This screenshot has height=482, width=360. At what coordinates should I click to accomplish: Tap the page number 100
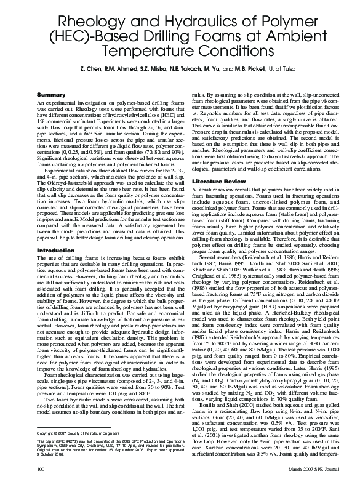click(42, 470)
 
